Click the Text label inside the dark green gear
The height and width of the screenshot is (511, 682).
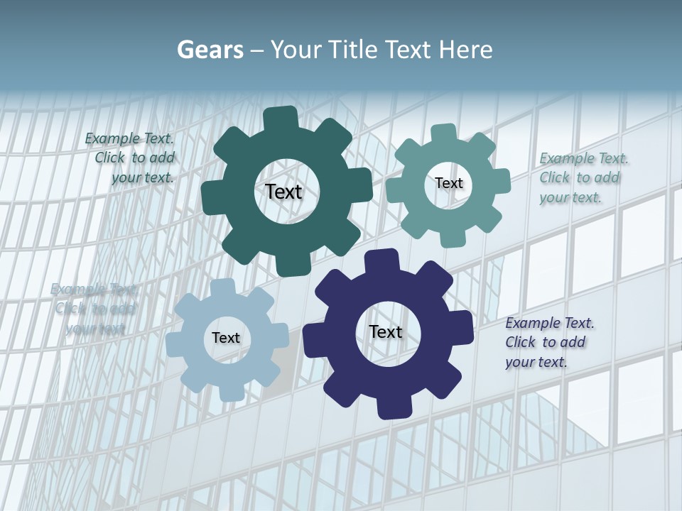coord(283,192)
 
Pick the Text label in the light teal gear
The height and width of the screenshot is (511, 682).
coord(449,183)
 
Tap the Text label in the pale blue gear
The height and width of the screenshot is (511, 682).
coord(226,338)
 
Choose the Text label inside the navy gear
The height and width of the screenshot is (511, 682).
coord(386,331)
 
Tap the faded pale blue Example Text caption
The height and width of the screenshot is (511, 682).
coord(94,309)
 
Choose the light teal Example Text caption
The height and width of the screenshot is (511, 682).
coord(583,177)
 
